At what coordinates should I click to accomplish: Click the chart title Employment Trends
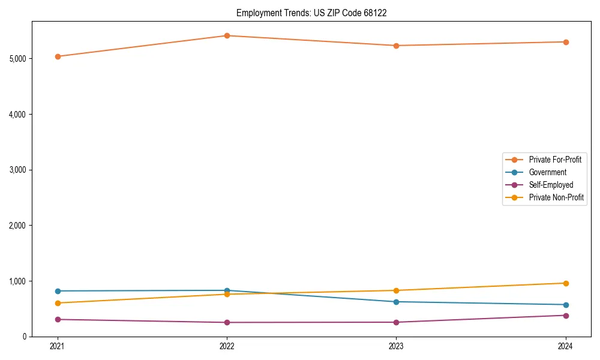coord(311,13)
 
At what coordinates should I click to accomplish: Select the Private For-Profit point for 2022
coord(227,35)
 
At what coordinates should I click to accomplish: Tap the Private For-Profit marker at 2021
coord(58,56)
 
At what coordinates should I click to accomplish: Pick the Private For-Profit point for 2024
coord(566,42)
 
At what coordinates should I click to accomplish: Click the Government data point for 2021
coord(58,291)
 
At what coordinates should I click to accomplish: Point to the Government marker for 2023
coord(396,302)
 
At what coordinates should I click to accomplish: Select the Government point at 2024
coord(566,305)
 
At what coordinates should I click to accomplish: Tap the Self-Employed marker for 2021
coord(58,319)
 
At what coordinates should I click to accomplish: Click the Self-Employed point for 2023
coord(396,322)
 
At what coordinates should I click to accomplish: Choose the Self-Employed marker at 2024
coord(566,315)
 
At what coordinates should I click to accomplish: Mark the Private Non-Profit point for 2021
coord(58,303)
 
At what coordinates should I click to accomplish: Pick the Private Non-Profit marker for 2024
coord(566,283)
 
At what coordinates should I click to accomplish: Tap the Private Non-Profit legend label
coord(556,197)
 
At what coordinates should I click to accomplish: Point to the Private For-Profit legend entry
coord(555,160)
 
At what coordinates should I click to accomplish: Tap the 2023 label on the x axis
coord(396,346)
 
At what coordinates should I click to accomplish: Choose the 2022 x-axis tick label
coord(227,346)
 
